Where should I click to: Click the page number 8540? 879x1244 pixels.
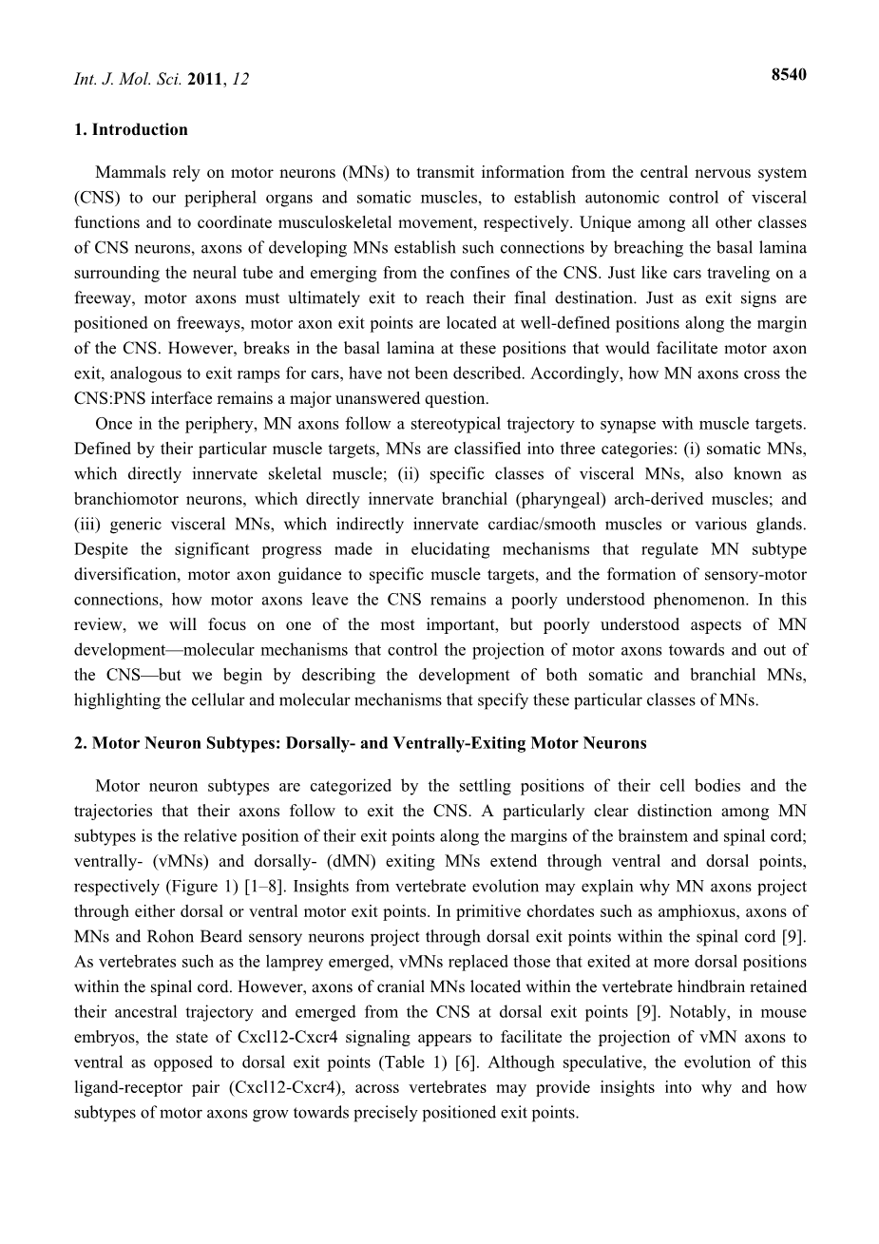tap(788, 75)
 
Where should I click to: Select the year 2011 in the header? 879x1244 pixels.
tap(206, 80)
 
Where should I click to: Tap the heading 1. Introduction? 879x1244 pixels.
tap(130, 129)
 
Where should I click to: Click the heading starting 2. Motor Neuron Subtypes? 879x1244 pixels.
tap(360, 743)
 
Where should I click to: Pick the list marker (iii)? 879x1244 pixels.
tap(86, 524)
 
